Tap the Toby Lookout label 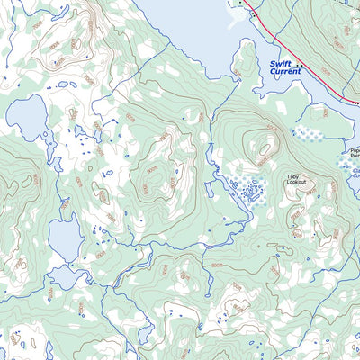coord(296,179)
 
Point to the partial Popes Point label coord(354,154)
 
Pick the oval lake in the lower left coord(66,238)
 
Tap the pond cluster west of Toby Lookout coord(247,190)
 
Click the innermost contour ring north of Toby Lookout coord(267,147)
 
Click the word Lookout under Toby coord(296,183)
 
